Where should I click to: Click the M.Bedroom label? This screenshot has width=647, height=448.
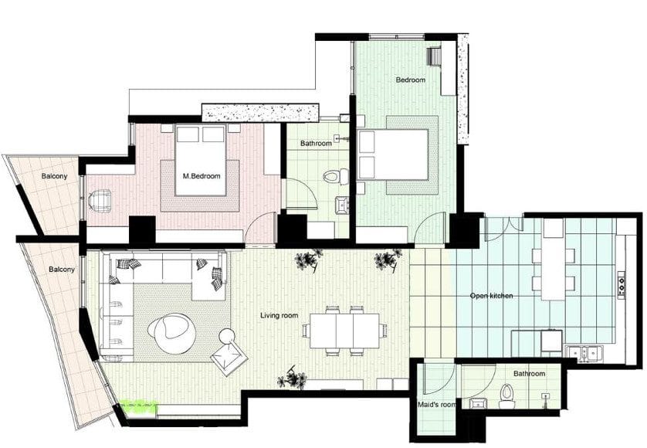[x=202, y=176]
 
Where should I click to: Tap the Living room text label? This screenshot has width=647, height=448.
[x=279, y=315]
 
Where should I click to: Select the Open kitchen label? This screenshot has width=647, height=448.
[x=492, y=296]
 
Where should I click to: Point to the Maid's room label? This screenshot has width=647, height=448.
[x=436, y=405]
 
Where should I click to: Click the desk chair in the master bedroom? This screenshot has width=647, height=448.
[x=100, y=201]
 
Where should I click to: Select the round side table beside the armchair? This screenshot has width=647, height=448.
[x=226, y=335]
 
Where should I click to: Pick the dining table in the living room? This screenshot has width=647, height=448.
[x=344, y=331]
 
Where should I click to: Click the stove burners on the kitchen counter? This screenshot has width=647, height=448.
[x=622, y=284]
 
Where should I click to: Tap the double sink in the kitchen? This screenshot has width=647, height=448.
[x=585, y=353]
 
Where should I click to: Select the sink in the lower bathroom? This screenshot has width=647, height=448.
[x=478, y=402]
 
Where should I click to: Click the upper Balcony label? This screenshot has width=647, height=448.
[x=54, y=176]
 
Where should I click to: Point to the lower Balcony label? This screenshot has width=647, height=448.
[x=62, y=270]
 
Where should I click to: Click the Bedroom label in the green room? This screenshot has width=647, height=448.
[x=410, y=80]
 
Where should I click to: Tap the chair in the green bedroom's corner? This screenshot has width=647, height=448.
[x=435, y=56]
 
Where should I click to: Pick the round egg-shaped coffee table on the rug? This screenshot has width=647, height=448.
[x=170, y=333]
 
